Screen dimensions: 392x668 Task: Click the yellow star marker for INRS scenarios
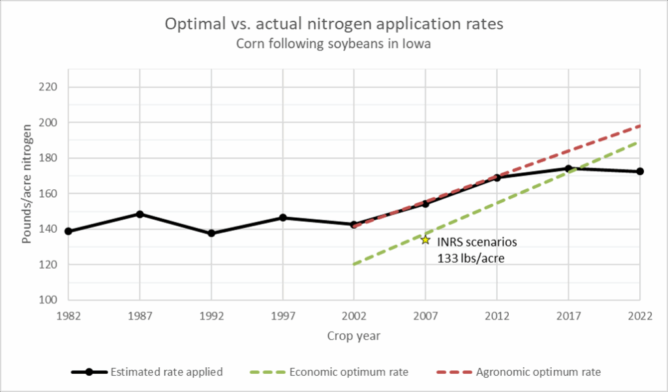click(425, 239)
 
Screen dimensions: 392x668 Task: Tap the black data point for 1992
click(211, 233)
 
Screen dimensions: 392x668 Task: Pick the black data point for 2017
click(569, 168)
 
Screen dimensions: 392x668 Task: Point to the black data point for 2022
click(640, 172)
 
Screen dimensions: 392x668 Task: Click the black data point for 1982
click(68, 232)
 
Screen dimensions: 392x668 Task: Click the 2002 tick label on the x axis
click(354, 316)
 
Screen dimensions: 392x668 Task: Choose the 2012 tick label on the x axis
click(497, 316)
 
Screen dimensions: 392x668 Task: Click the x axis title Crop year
click(354, 337)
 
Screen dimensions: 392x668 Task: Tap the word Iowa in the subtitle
click(418, 44)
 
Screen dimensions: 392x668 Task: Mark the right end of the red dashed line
click(640, 126)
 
